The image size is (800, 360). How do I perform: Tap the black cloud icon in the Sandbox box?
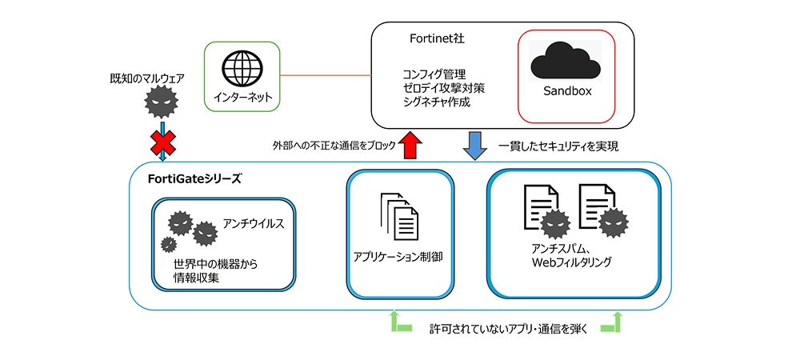566,60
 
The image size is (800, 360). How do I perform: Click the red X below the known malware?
163,144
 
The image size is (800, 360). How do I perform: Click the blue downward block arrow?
475,146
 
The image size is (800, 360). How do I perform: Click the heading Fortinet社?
432,38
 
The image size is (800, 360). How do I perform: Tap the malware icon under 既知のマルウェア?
162,102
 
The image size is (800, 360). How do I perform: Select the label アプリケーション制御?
398,257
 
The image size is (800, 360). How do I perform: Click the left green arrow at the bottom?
398,323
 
